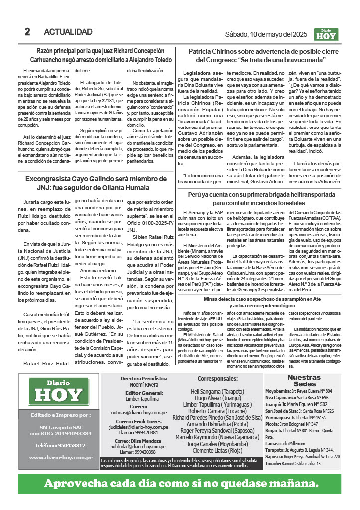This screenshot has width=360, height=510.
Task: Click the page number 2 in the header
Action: coord(28,32)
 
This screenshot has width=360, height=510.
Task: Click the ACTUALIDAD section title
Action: coord(68,32)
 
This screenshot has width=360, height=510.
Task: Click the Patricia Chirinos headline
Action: coord(264,55)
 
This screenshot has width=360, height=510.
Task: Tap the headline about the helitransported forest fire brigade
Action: coord(264,198)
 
